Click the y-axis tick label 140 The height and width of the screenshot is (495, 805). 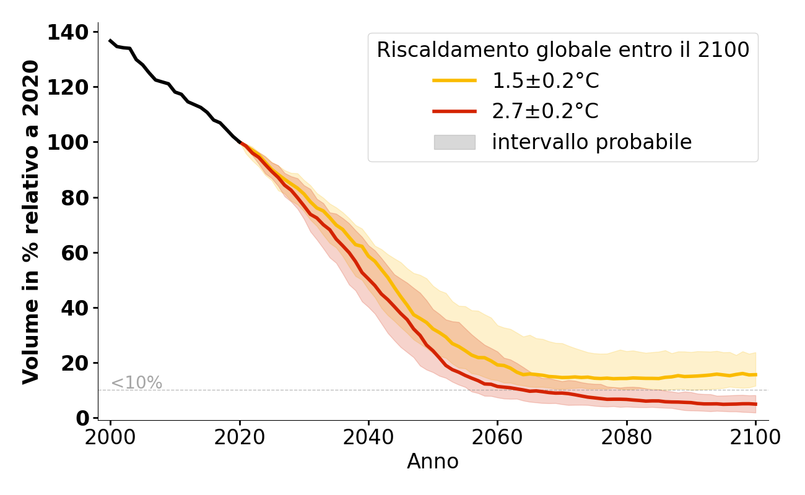(67, 32)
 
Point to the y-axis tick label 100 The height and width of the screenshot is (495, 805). (67, 142)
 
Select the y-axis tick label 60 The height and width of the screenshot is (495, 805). (75, 253)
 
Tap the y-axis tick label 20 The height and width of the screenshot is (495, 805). (75, 363)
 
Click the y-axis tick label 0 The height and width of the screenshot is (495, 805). (82, 419)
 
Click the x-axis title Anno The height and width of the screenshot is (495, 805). (433, 462)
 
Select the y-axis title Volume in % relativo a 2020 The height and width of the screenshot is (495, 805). (31, 222)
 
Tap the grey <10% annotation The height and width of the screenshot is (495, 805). (136, 383)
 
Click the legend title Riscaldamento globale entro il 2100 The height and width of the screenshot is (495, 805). (563, 50)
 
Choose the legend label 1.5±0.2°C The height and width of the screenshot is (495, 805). (546, 81)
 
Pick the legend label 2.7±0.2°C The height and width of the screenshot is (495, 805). (546, 111)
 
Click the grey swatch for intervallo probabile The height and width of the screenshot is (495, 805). (455, 142)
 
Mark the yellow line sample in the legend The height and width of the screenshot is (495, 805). (455, 80)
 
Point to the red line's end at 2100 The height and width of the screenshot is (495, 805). (755, 404)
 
